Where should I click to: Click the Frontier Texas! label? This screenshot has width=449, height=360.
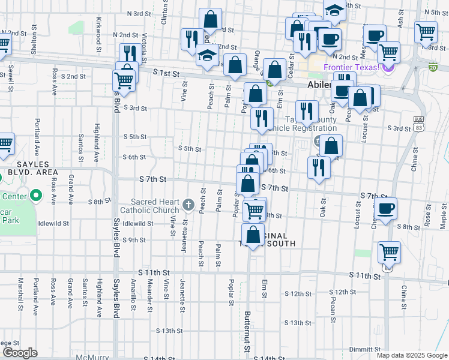(351, 67)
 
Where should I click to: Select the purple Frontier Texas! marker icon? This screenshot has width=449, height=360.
(387, 67)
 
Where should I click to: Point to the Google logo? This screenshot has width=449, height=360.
(19, 353)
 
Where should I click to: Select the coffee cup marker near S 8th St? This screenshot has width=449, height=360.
(385, 209)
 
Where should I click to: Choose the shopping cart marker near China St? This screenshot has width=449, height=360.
(389, 252)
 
